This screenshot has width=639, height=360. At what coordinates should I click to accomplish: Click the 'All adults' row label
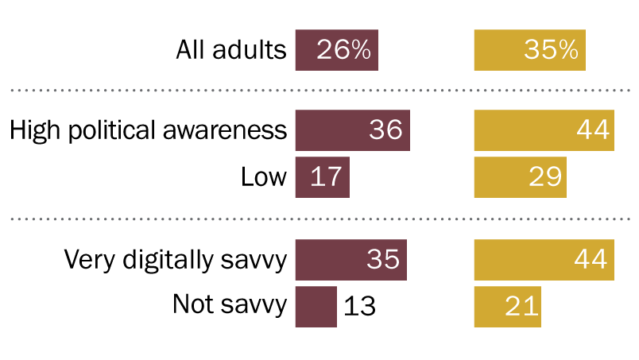[230, 51]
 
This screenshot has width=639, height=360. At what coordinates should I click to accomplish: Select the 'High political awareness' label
[148, 130]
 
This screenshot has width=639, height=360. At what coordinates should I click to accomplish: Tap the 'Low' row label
[263, 177]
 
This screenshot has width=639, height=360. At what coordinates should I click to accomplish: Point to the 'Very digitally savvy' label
[175, 260]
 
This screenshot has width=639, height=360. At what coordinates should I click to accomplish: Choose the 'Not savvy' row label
[229, 306]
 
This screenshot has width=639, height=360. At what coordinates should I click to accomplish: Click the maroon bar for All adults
[336, 51]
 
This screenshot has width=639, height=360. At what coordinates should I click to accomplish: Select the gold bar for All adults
[529, 51]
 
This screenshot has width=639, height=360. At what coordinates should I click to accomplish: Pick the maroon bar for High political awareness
[352, 130]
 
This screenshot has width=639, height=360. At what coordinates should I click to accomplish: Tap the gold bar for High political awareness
[544, 130]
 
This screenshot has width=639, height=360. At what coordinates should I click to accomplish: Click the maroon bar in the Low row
[322, 177]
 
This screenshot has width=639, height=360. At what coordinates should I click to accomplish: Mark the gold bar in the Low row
[520, 177]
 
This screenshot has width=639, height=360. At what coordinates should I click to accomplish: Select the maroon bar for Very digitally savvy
[350, 260]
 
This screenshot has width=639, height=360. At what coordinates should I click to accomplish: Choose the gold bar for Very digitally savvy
[544, 260]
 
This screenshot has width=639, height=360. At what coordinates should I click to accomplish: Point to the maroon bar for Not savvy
[316, 306]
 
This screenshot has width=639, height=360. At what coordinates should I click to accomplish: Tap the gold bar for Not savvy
[507, 306]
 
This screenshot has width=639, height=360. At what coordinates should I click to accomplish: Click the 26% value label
[343, 51]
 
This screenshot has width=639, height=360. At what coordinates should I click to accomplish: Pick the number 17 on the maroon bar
[327, 177]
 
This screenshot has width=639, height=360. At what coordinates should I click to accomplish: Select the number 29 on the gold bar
[545, 177]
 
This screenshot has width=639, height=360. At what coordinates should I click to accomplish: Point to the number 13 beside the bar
[359, 307]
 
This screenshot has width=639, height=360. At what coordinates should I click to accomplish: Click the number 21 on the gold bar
[521, 307]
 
